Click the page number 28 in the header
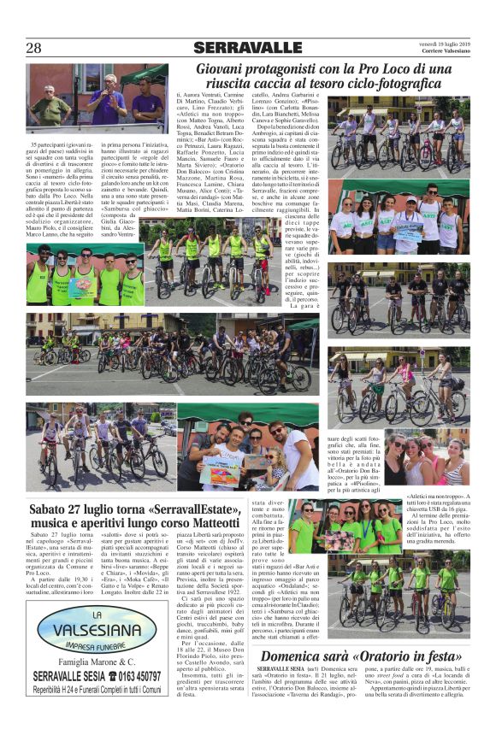click(33, 48)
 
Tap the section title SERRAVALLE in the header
click(247, 47)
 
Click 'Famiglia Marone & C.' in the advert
click(84, 662)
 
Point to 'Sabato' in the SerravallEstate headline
click(50, 510)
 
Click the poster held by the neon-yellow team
click(84, 285)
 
